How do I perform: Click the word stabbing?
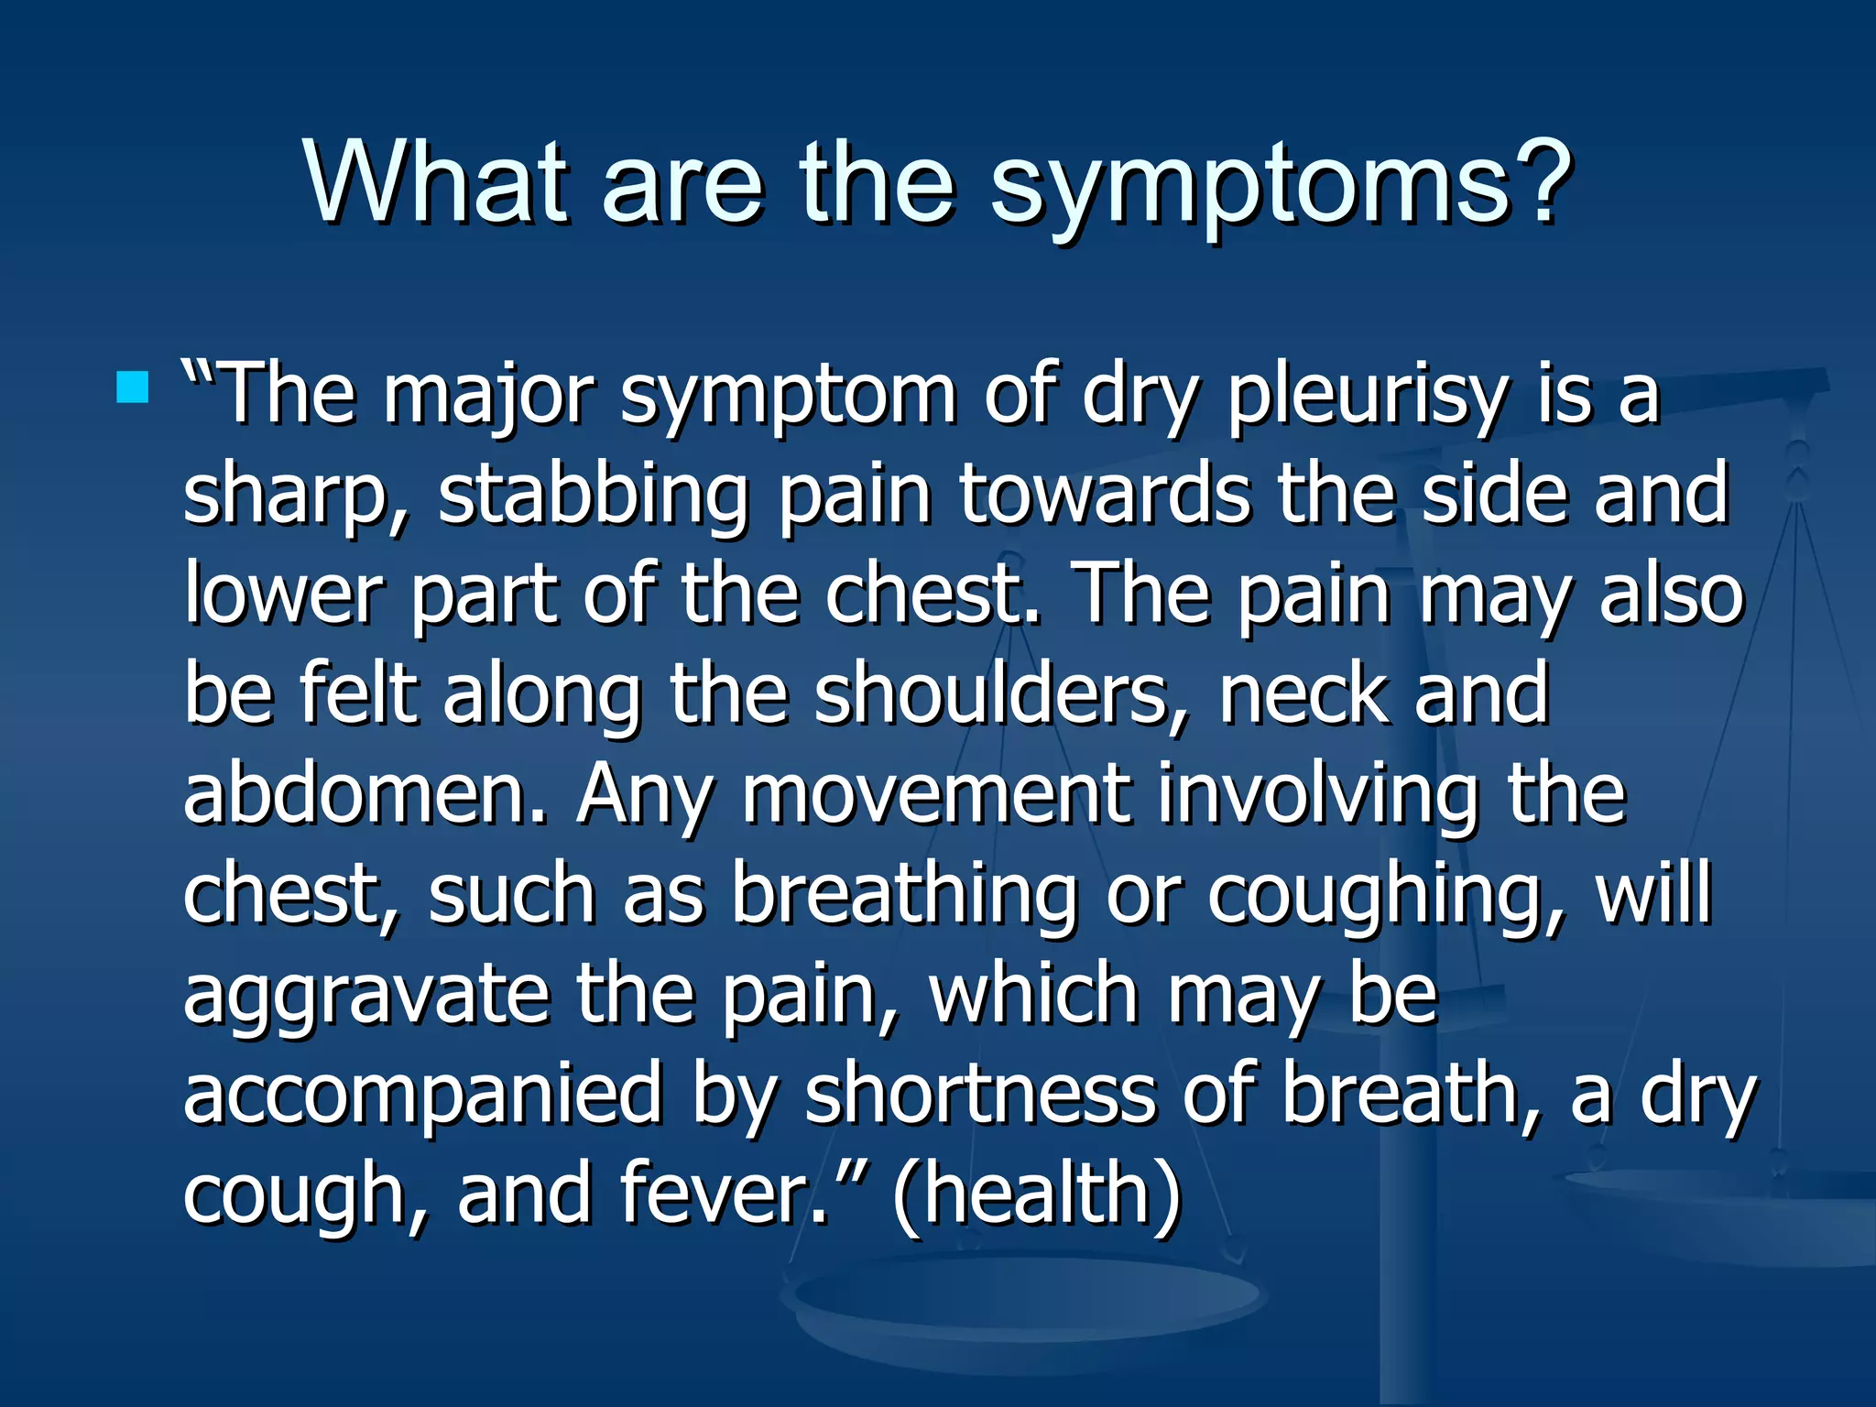pos(593,496)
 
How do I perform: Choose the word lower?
pos(282,594)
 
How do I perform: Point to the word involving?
pos(1317,793)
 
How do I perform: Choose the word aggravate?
pos(366,994)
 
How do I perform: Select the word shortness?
pos(980,1093)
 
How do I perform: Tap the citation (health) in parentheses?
pos(1036,1193)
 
